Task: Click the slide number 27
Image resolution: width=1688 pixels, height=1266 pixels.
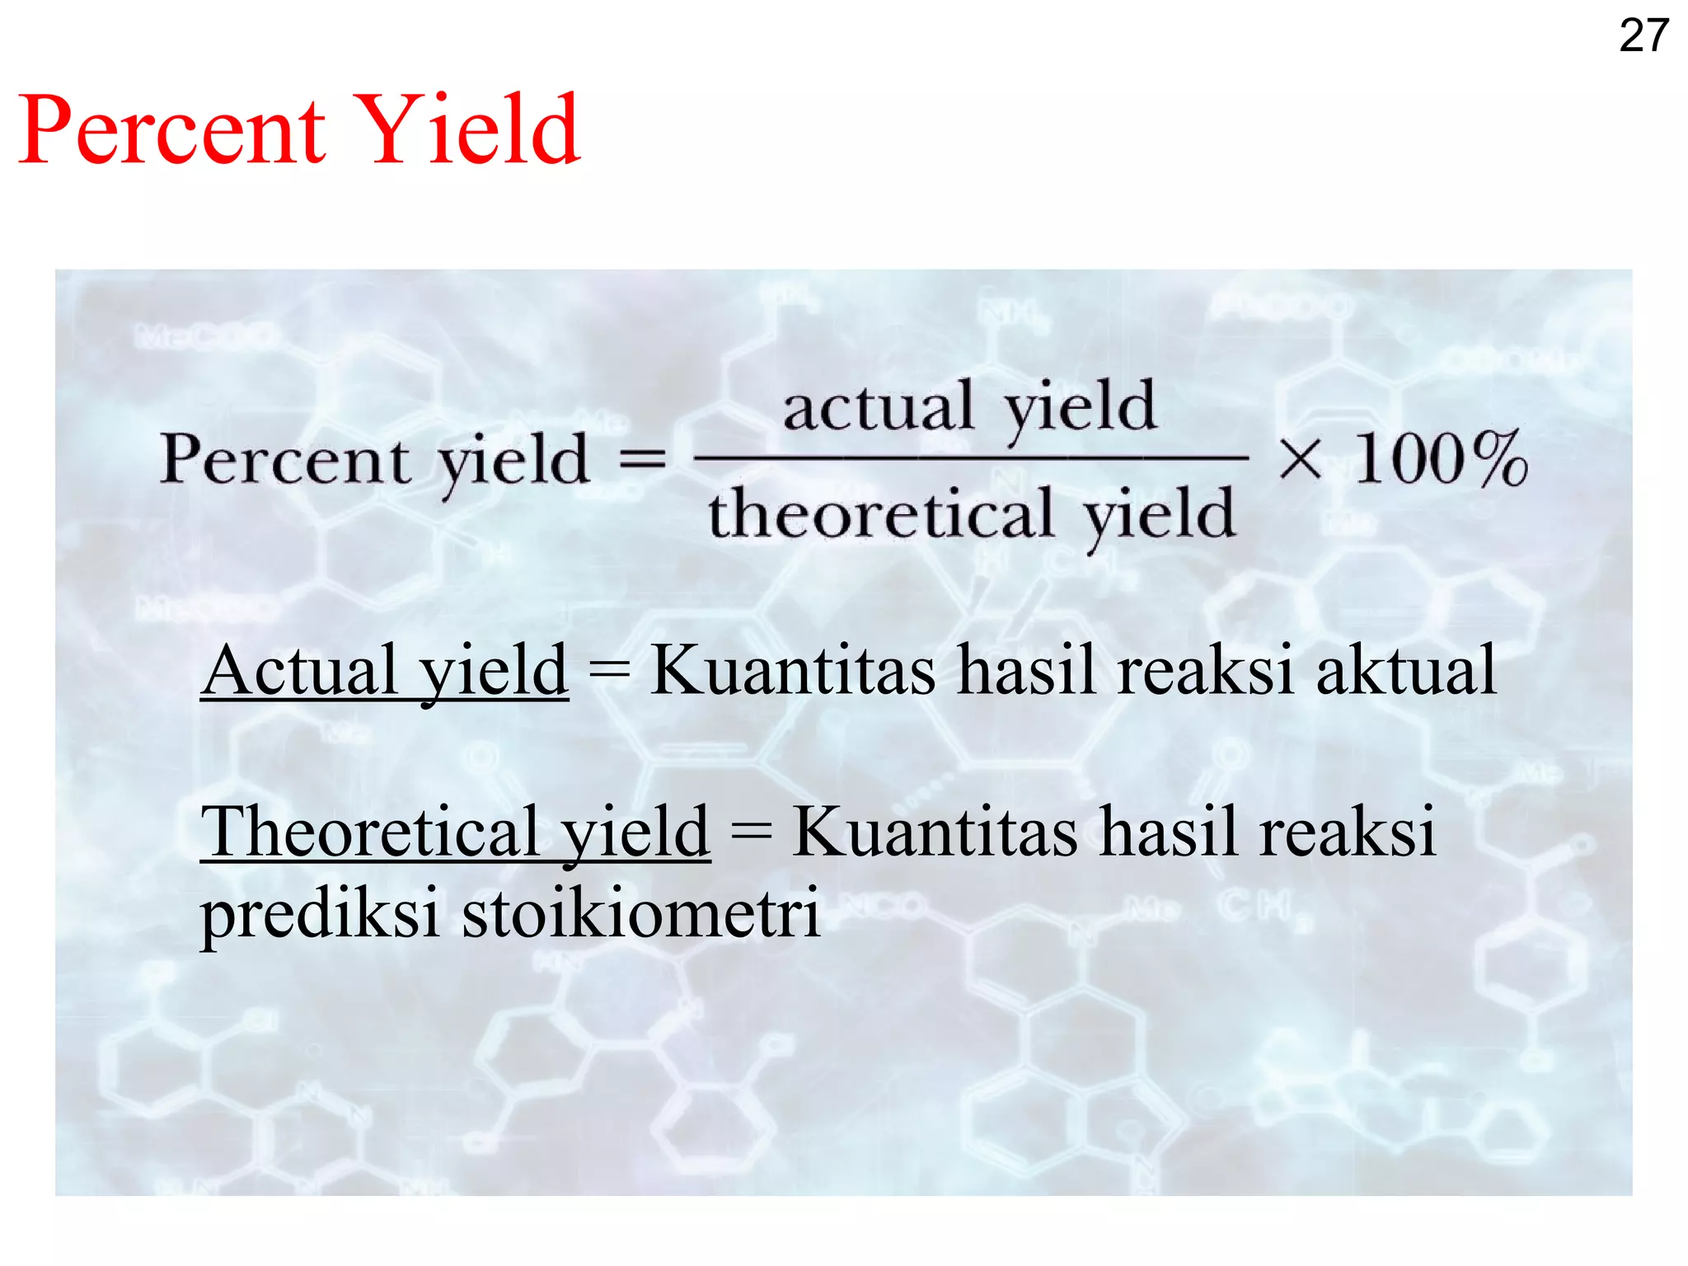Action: pyautogui.click(x=1643, y=36)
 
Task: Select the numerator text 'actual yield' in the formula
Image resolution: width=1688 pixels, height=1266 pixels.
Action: pyautogui.click(x=970, y=407)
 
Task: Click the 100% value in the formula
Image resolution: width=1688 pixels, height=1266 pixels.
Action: pyautogui.click(x=1442, y=460)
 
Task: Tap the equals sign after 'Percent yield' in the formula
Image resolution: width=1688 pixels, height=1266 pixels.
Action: pyautogui.click(x=642, y=460)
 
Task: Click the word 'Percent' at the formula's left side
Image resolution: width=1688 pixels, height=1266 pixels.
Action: pyautogui.click(x=284, y=460)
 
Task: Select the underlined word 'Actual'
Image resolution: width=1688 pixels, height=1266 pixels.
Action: pyautogui.click(x=302, y=671)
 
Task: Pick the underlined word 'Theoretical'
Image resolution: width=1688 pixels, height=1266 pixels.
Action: pyautogui.click(x=370, y=832)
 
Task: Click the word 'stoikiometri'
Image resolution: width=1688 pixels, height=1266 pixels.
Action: pyautogui.click(x=641, y=913)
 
